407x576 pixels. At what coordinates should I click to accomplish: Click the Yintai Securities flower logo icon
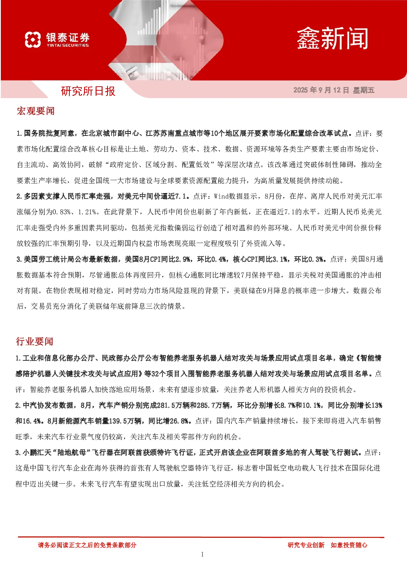33,39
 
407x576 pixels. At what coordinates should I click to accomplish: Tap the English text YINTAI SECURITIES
68,45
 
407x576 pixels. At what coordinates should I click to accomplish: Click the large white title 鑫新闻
332,39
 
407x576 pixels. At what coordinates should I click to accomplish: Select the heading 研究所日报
88,91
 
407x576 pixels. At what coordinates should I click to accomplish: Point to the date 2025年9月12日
321,90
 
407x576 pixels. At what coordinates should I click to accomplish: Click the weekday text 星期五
364,90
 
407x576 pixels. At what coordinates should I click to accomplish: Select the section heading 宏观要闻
35,111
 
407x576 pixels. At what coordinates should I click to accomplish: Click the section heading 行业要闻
34,341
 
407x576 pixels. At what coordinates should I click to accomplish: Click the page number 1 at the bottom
202,555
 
